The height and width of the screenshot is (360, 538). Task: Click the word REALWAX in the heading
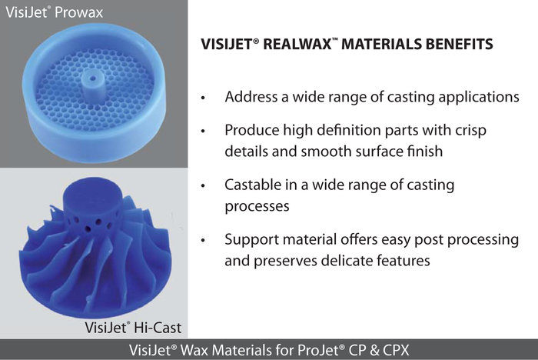coord(297,45)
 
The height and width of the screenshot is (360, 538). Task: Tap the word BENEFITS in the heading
coord(459,45)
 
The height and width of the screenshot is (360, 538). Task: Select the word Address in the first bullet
coord(251,97)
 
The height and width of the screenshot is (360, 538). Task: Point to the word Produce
coord(251,131)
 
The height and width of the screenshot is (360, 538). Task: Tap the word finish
coord(425,151)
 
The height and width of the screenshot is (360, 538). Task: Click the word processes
coord(257,207)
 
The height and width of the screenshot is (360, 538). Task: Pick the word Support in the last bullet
coord(252,240)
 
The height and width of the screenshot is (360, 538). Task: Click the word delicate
coord(347,260)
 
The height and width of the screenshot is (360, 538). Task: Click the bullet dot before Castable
coord(203,186)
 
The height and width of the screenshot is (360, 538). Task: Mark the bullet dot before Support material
coord(203,241)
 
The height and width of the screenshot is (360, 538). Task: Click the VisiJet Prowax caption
coord(55,12)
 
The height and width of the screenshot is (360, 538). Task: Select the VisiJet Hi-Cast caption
coord(133,328)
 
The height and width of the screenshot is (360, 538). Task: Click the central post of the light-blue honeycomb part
coord(93,87)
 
